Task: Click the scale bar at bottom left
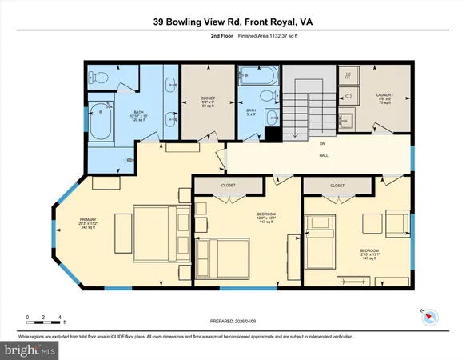point(45,320)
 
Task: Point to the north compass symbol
point(428,316)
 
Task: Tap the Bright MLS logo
point(30,350)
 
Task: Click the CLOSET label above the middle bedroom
point(228,184)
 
